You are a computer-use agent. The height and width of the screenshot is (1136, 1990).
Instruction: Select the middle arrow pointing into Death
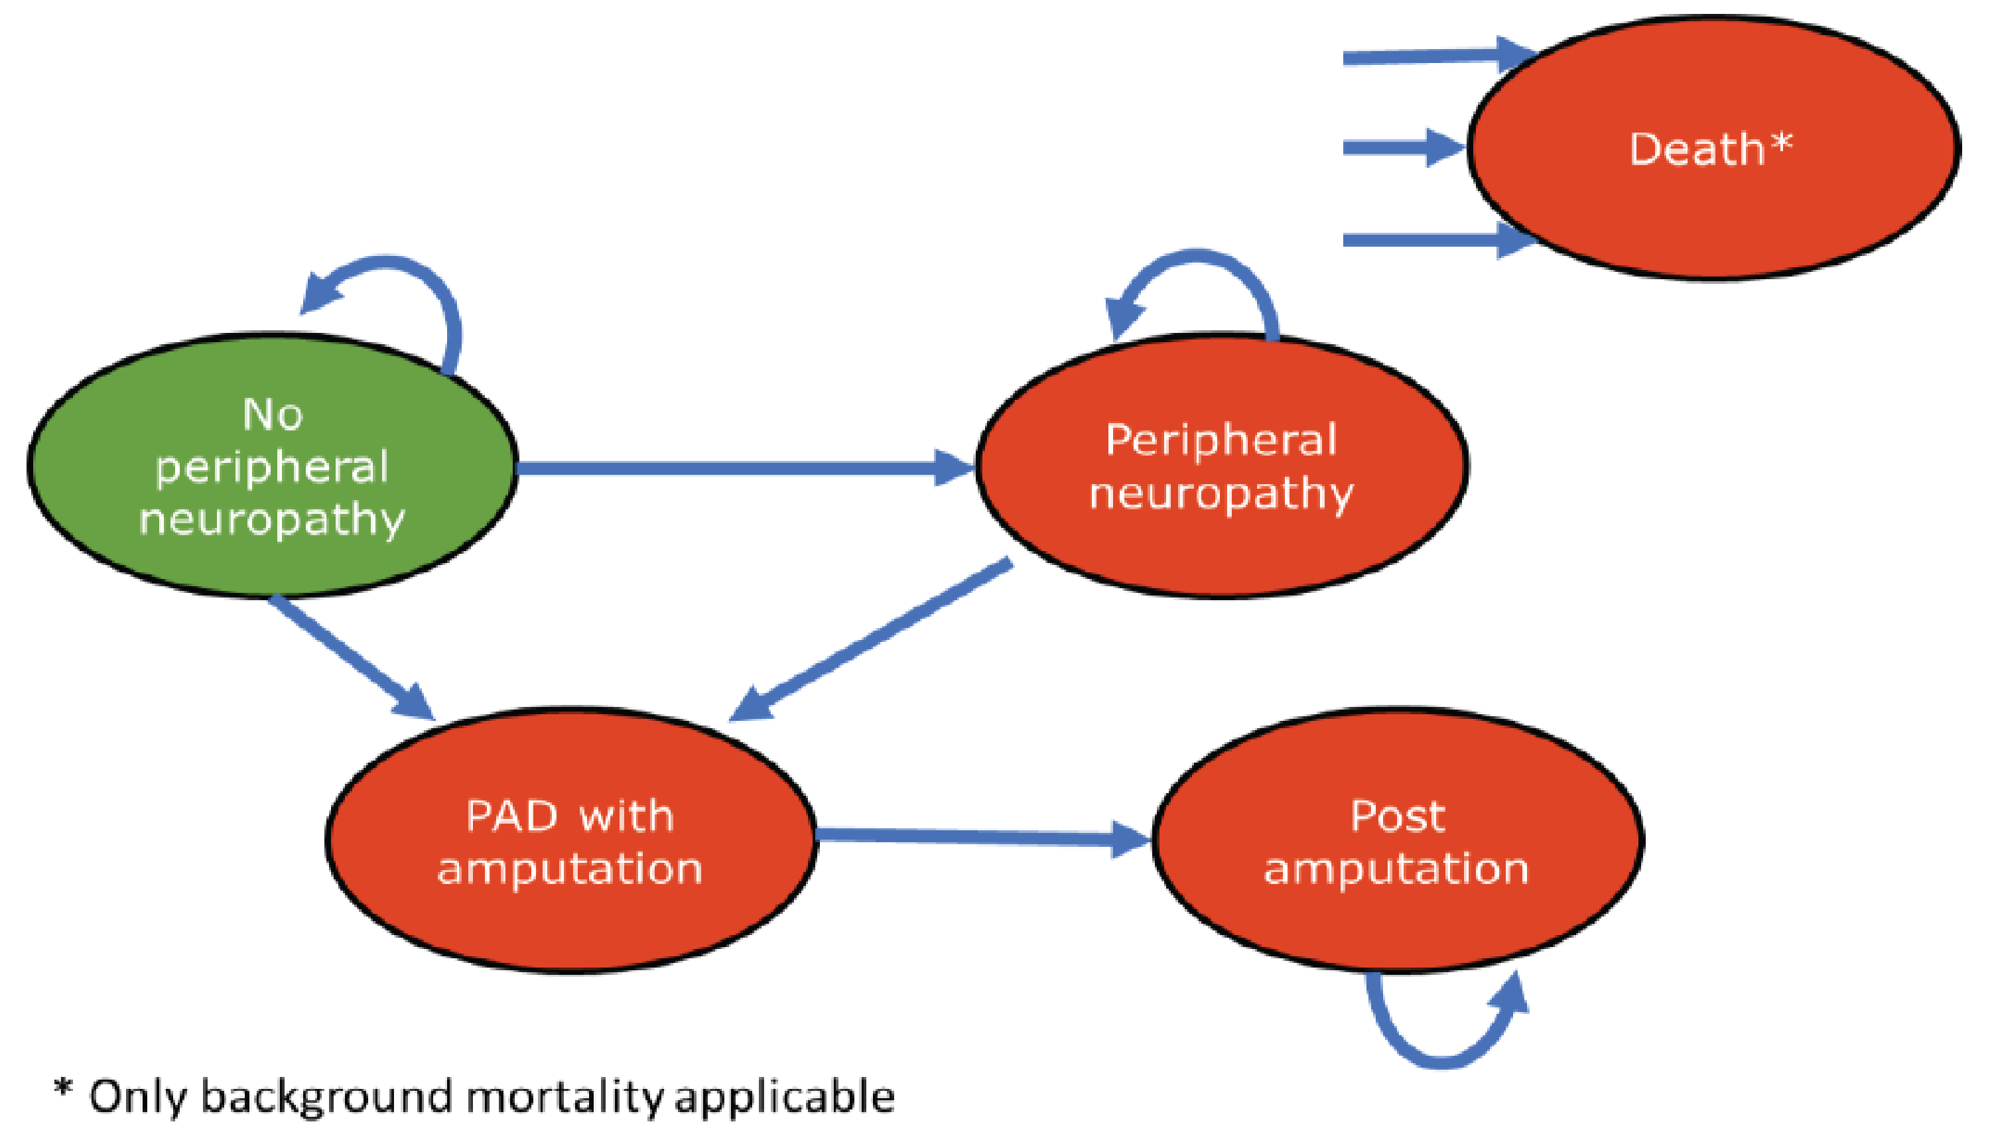[x=1397, y=147]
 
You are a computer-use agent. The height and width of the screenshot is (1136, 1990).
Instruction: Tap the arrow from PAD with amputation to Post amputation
[x=976, y=836]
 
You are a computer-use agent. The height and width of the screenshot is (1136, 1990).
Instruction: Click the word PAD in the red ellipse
[x=511, y=817]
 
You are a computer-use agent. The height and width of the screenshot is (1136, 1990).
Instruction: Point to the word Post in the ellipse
[x=1397, y=817]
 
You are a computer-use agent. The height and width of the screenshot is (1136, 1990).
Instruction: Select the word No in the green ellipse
[x=271, y=414]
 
